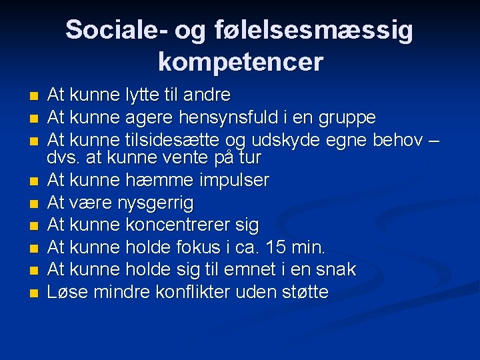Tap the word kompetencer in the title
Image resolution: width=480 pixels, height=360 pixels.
(x=240, y=62)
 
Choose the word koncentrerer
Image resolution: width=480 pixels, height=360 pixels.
(x=173, y=225)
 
